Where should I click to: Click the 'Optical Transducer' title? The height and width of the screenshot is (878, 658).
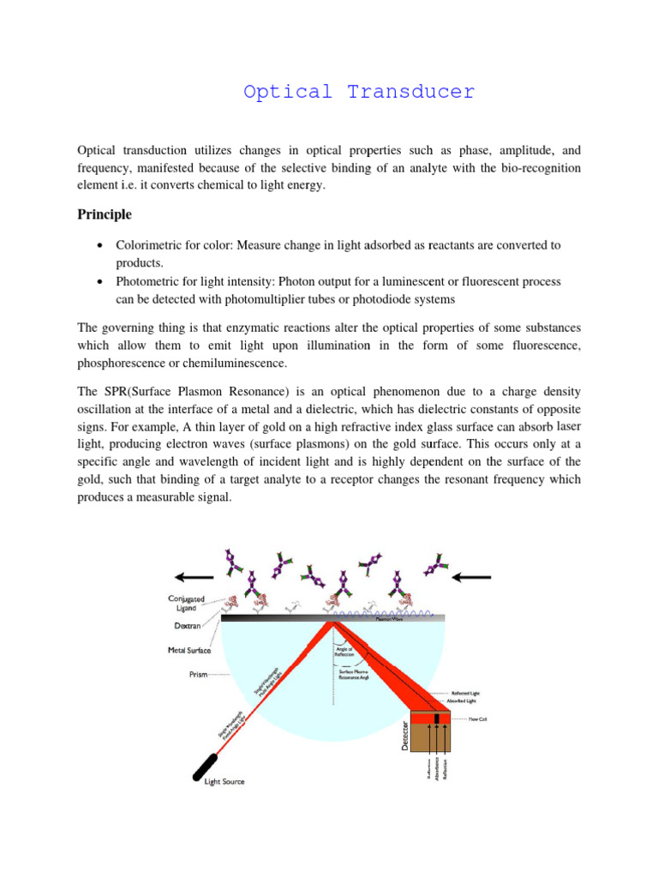[358, 93]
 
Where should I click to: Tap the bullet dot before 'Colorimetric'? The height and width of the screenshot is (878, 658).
[100, 245]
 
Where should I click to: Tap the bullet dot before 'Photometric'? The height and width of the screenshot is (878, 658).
[100, 281]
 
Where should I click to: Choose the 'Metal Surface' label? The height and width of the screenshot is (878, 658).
[190, 651]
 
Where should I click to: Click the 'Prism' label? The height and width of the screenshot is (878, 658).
[198, 675]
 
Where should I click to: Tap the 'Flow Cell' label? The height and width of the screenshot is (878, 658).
[477, 719]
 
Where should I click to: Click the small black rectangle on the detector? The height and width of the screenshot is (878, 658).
[437, 718]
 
